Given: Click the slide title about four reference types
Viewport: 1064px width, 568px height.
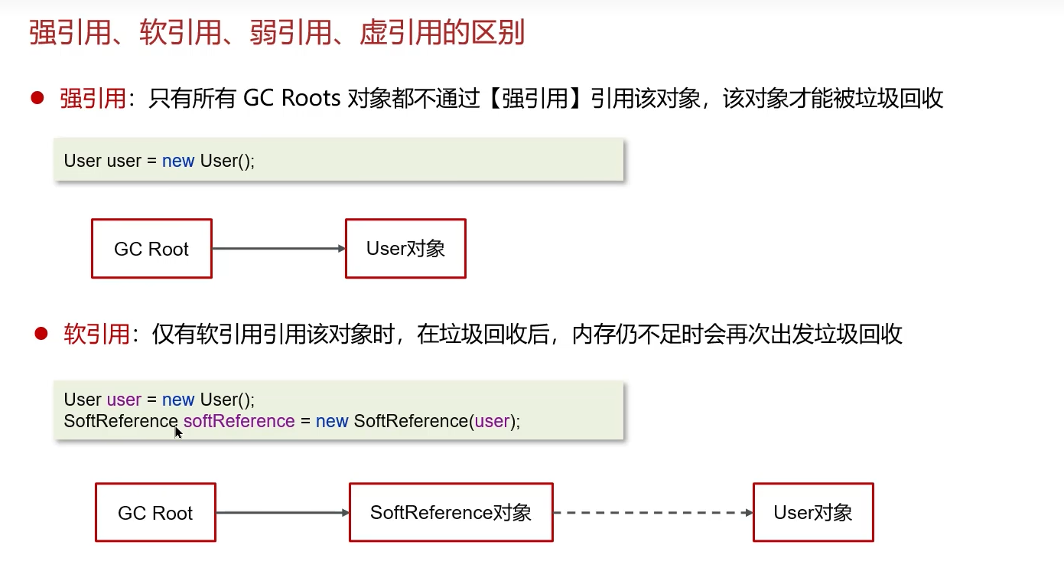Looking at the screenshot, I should coord(277,34).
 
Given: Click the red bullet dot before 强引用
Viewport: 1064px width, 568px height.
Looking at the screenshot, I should coord(37,97).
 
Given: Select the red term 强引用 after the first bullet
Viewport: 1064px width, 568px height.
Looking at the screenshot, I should coord(93,98).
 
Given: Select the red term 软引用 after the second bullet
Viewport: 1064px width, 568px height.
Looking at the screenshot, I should coord(96,335).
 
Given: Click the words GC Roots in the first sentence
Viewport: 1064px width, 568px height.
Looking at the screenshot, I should coord(291,98).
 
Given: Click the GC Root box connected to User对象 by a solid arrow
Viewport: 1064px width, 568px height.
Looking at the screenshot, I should coord(151,249).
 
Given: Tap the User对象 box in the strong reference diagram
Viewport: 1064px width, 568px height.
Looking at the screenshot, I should coord(405,249).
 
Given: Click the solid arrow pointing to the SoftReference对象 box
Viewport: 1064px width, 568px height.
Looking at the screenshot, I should coord(282,513).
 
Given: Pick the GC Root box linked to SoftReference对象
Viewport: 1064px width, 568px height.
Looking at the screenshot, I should coord(155,513).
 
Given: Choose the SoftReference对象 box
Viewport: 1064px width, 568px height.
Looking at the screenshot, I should coord(451,513).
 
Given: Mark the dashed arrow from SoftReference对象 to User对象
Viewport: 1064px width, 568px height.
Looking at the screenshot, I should coord(652,513).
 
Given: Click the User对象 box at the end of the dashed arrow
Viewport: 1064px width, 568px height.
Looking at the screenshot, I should coord(813,513).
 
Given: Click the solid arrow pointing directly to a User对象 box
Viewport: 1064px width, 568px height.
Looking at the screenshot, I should coord(278,249).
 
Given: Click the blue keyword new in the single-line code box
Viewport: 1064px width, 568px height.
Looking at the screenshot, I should coord(178,161).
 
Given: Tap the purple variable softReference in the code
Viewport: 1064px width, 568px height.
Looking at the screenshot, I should coord(239,421).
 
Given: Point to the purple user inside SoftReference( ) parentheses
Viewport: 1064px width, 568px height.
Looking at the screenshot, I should coord(492,421).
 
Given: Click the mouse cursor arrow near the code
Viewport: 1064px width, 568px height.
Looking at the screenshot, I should coord(178,433).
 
